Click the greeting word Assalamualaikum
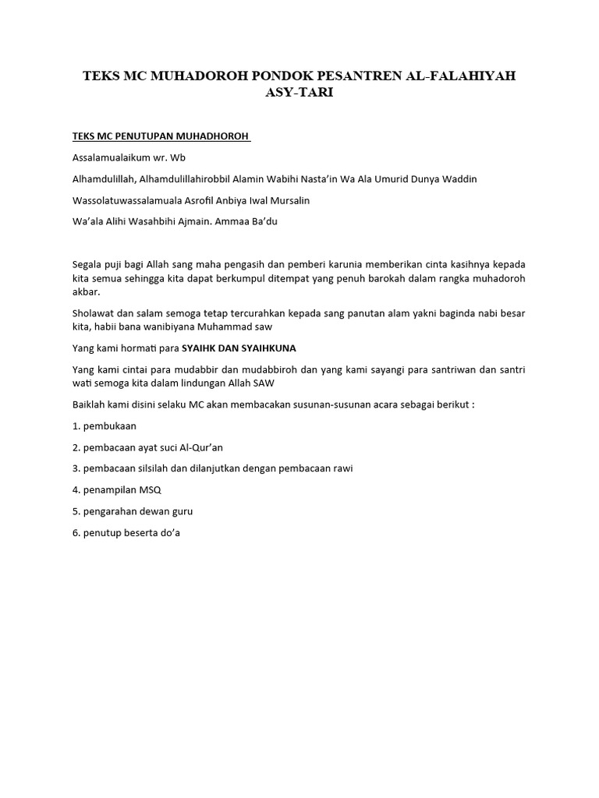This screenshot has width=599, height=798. coord(109,157)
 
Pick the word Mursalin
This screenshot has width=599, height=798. coord(289,200)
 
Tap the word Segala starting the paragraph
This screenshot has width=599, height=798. coord(87,264)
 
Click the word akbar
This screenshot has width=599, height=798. coord(86,292)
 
